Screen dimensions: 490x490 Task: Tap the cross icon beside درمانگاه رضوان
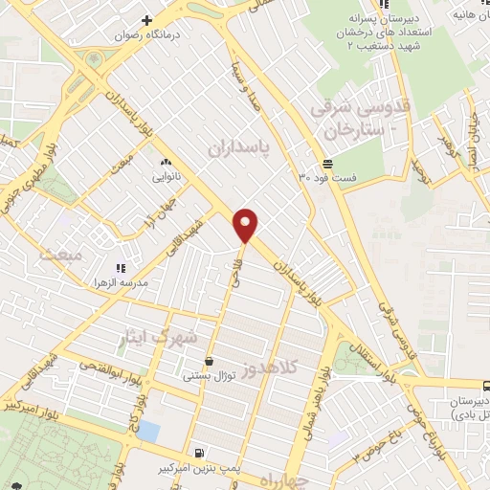click(x=146, y=19)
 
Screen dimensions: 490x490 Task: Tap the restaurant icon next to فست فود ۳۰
click(x=302, y=177)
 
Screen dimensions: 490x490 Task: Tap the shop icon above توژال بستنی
click(x=208, y=361)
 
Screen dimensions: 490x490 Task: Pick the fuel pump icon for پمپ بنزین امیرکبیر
click(x=198, y=453)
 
